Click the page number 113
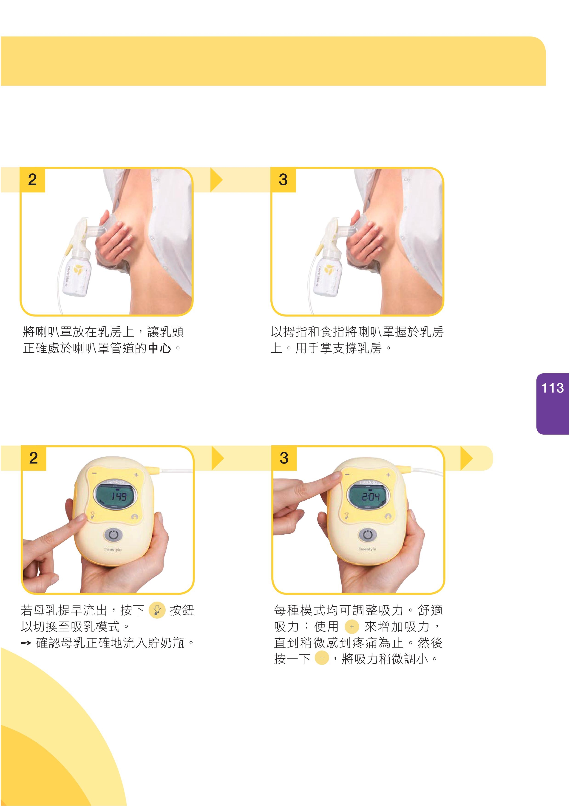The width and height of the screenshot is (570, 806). point(553,388)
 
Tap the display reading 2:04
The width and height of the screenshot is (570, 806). point(368,496)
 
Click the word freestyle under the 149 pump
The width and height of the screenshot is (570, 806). point(113,549)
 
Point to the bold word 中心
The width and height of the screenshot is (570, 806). point(160,348)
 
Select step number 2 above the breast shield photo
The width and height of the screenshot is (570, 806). point(32,179)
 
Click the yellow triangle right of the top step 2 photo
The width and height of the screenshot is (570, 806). point(216,180)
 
